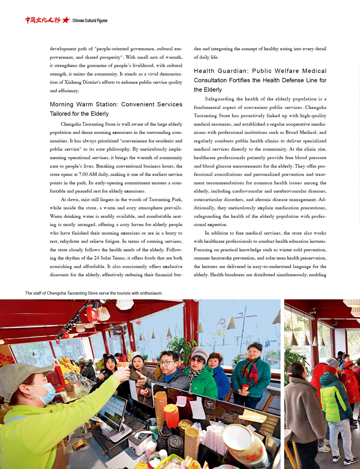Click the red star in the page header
(x=66, y=20)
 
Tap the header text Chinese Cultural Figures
(x=90, y=20)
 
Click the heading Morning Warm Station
(x=84, y=104)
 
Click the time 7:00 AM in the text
(x=88, y=174)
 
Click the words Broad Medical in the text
(x=301, y=132)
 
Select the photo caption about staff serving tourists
(x=94, y=293)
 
